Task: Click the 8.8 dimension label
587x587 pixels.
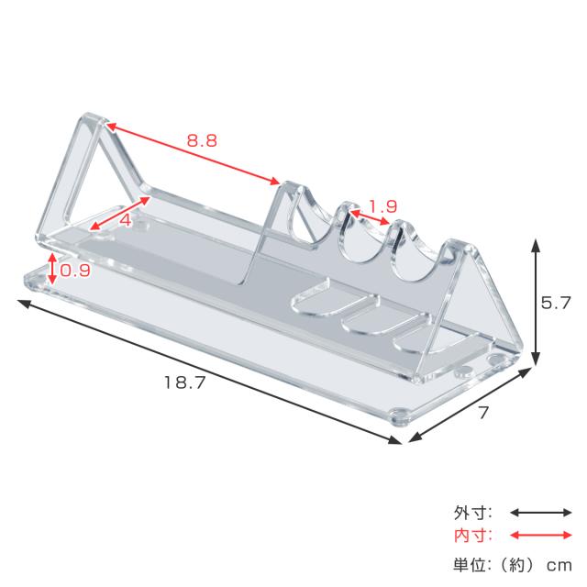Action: click(x=202, y=140)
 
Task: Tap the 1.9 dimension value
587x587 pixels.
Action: click(x=382, y=205)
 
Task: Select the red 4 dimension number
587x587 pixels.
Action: click(x=126, y=220)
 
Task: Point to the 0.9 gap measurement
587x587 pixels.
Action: click(x=75, y=270)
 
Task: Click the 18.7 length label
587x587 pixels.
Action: click(x=185, y=382)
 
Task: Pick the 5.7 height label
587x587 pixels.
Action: click(x=556, y=303)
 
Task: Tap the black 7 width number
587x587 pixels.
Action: click(x=483, y=413)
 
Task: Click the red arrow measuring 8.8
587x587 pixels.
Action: click(x=193, y=153)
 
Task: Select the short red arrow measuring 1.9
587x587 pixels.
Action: click(x=369, y=217)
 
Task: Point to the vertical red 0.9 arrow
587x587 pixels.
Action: click(x=52, y=269)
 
